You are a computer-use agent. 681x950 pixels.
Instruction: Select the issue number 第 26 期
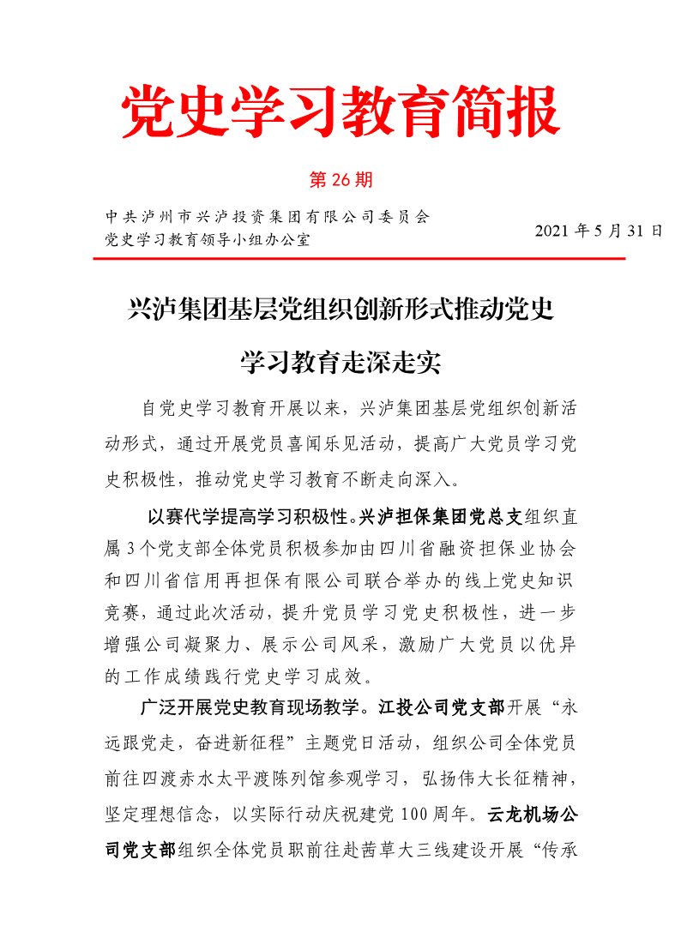pyautogui.click(x=340, y=180)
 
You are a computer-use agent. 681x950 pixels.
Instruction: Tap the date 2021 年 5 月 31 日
pyautogui.click(x=599, y=231)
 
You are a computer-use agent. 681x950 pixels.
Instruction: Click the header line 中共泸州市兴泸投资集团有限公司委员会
pyautogui.click(x=266, y=216)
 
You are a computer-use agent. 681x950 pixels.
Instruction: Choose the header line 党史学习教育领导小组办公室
pyautogui.click(x=207, y=239)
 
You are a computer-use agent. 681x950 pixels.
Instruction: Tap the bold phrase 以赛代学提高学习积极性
pyautogui.click(x=251, y=517)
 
